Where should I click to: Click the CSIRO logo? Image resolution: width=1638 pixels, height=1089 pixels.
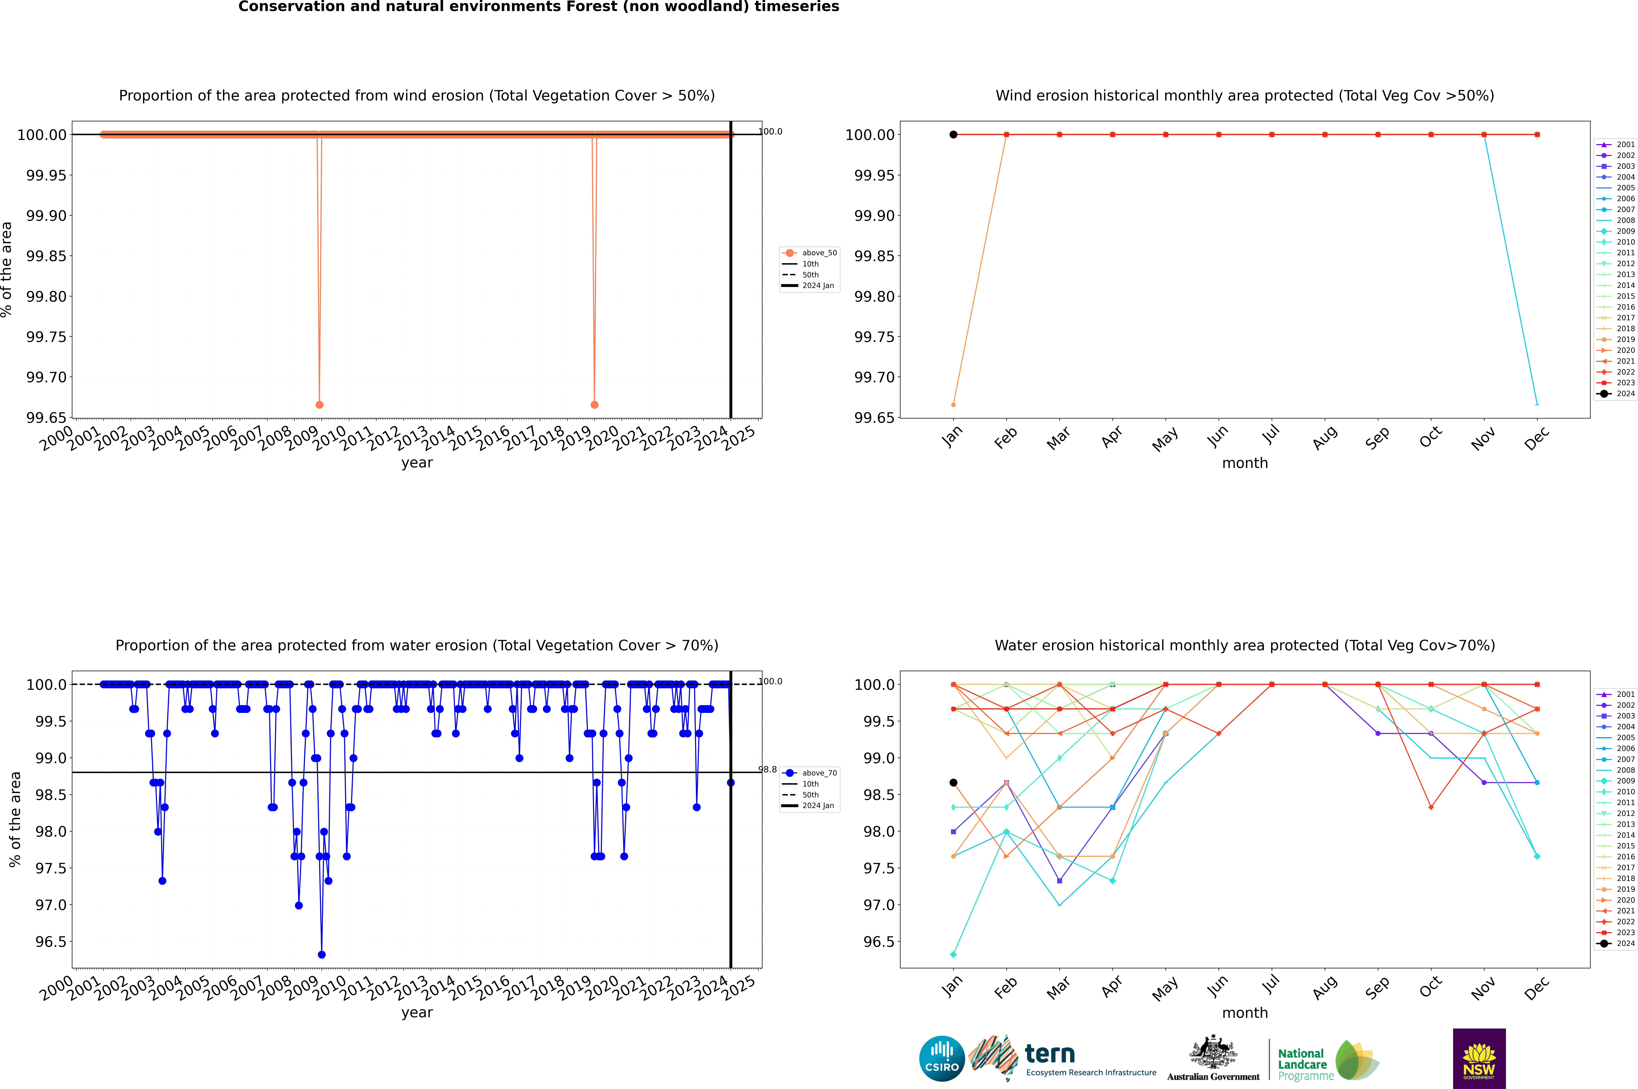point(942,1058)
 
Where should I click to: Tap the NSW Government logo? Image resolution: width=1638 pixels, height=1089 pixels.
point(1479,1058)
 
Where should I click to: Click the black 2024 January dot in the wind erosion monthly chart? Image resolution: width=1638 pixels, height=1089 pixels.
point(953,135)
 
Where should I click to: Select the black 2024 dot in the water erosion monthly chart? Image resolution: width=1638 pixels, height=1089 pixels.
point(953,783)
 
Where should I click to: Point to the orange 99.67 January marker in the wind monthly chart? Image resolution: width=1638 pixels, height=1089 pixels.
point(953,404)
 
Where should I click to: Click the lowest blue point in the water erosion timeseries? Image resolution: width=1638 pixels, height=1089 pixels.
point(322,954)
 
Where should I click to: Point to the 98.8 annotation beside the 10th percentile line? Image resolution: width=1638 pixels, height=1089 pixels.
point(767,770)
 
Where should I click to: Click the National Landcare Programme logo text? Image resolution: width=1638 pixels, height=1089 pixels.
point(1302,1064)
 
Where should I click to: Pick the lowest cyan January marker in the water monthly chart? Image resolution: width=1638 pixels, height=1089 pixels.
point(953,954)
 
